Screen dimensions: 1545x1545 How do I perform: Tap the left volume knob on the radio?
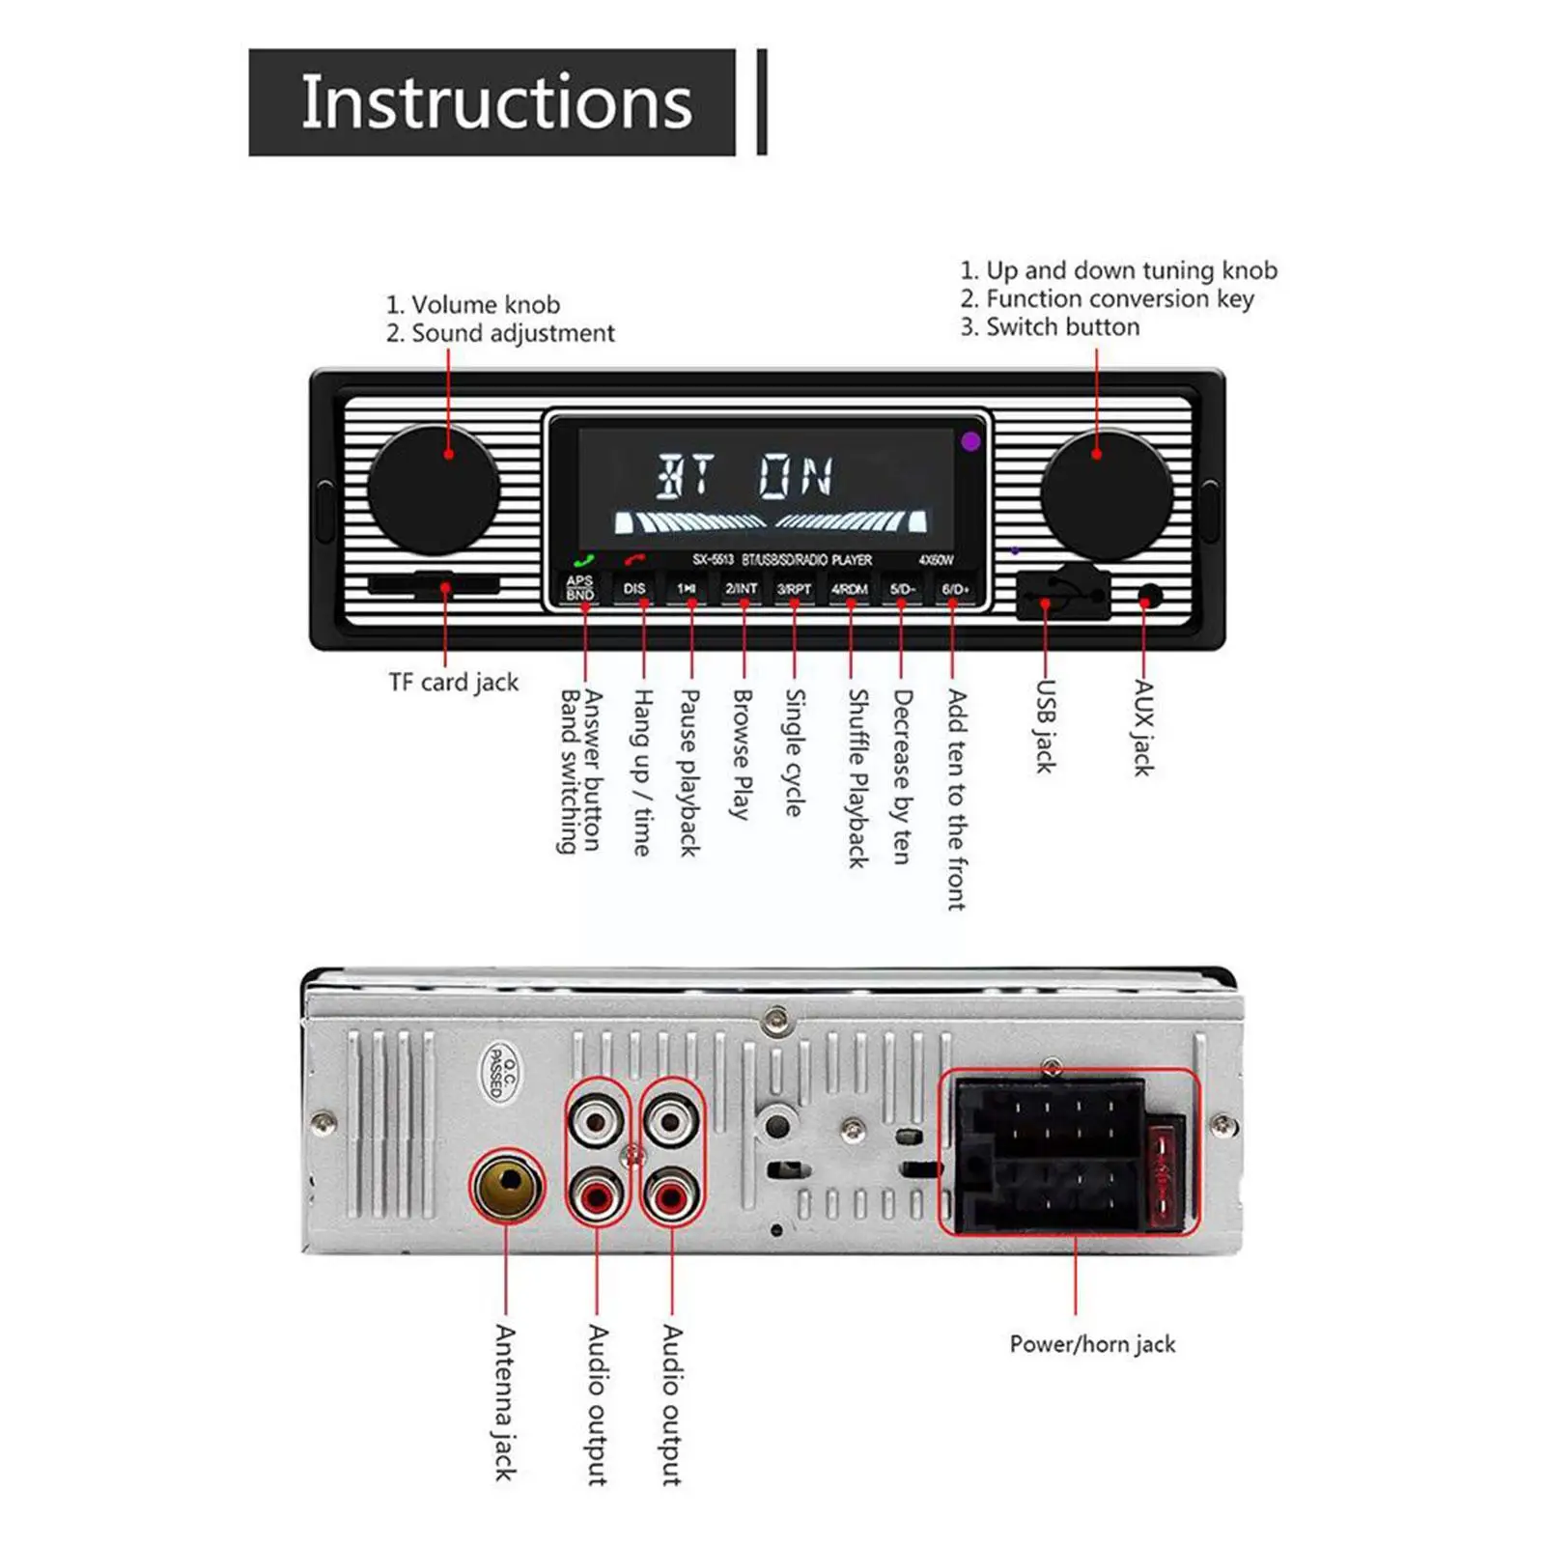(434, 489)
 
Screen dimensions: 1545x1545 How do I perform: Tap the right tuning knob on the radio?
(1106, 493)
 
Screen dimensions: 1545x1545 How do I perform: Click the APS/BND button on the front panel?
(580, 588)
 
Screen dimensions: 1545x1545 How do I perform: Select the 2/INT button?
(742, 588)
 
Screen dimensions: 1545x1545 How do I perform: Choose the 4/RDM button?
(850, 588)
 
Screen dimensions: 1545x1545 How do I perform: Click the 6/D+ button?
(955, 588)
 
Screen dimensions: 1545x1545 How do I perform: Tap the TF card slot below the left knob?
(434, 584)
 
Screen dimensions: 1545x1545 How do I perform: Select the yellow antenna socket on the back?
(507, 1187)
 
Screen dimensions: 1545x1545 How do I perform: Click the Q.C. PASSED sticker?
(499, 1073)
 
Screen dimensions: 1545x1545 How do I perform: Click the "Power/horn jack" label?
(1092, 1343)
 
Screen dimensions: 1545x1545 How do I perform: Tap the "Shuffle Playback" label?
(857, 777)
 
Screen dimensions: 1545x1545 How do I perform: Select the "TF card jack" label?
(454, 682)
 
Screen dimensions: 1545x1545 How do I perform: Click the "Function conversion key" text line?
(1107, 298)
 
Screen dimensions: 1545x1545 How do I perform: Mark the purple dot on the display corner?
(970, 441)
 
